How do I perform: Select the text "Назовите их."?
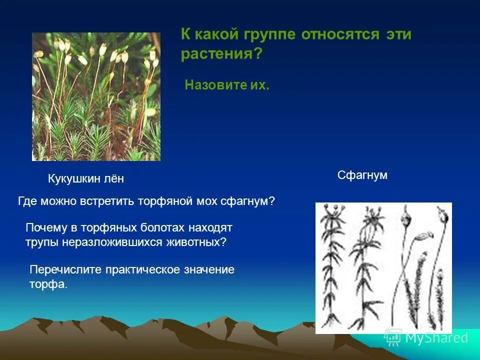(227, 85)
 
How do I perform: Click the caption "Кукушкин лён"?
(85, 178)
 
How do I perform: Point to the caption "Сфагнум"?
(362, 175)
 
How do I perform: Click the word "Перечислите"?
(66, 270)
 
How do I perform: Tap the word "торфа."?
(48, 284)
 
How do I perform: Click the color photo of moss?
(96, 96)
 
